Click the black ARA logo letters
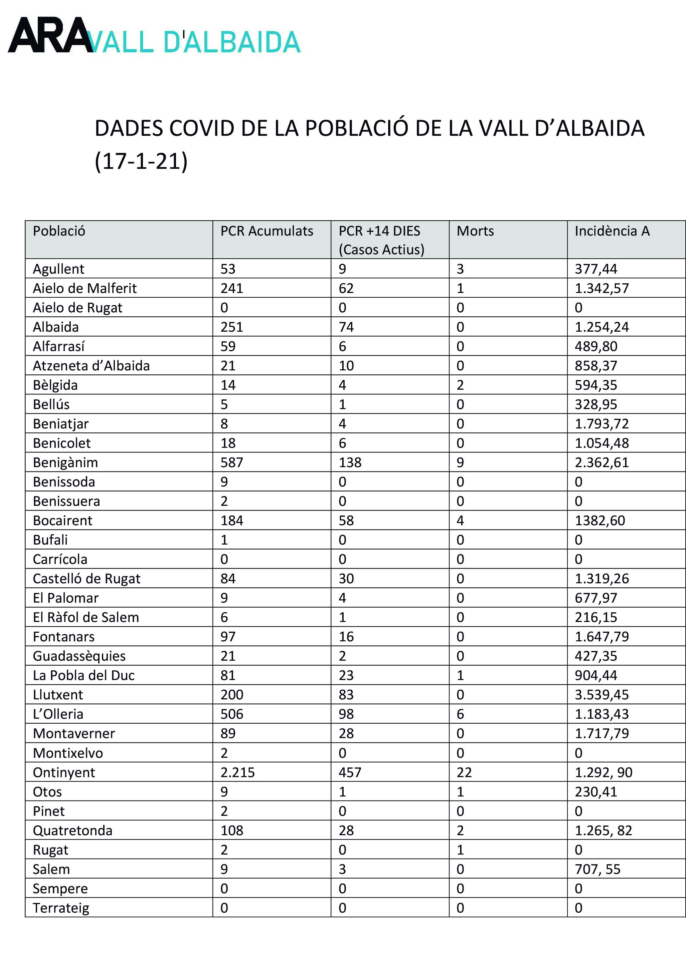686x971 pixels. click(x=50, y=35)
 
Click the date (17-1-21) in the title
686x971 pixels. click(x=141, y=161)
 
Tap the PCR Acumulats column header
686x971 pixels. click(x=267, y=231)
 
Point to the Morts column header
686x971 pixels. click(x=475, y=231)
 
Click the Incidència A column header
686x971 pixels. click(x=612, y=231)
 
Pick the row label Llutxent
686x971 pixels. click(x=58, y=694)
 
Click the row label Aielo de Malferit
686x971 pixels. click(x=84, y=288)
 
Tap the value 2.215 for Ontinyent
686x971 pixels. click(x=237, y=772)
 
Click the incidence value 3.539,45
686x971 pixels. click(x=602, y=694)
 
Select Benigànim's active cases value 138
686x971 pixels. click(x=350, y=462)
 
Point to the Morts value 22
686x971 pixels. click(x=464, y=772)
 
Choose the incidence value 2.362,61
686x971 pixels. click(x=602, y=462)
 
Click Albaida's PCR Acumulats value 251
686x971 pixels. click(x=231, y=327)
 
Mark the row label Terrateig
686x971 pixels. click(x=61, y=908)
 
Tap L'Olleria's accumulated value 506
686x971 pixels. click(x=231, y=714)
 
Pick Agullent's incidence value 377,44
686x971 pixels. click(x=595, y=269)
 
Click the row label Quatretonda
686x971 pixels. click(x=72, y=830)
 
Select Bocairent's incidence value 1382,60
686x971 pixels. click(x=600, y=520)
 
